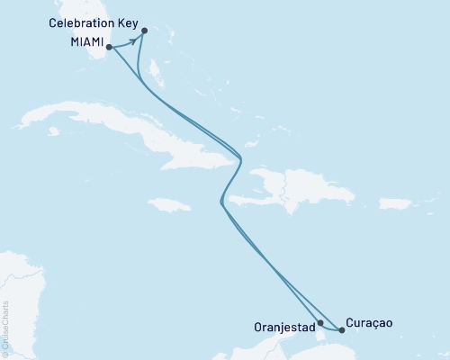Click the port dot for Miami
[109, 47]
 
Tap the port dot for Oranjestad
[320, 321]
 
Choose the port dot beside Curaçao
[341, 330]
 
